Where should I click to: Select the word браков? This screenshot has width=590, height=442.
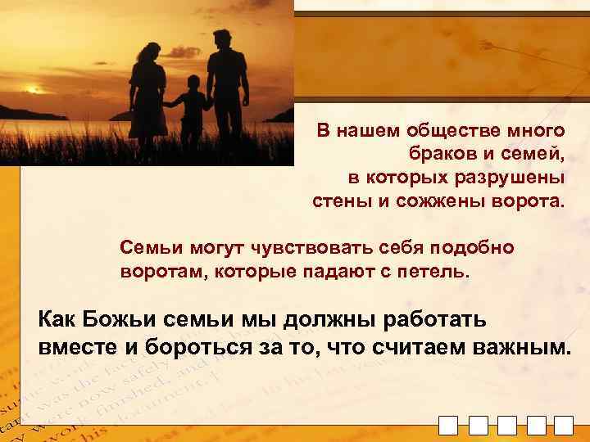[436, 154]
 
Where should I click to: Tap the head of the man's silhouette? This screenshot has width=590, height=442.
[220, 38]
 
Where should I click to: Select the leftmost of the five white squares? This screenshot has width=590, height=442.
[448, 426]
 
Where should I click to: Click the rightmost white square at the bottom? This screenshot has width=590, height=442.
[563, 426]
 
